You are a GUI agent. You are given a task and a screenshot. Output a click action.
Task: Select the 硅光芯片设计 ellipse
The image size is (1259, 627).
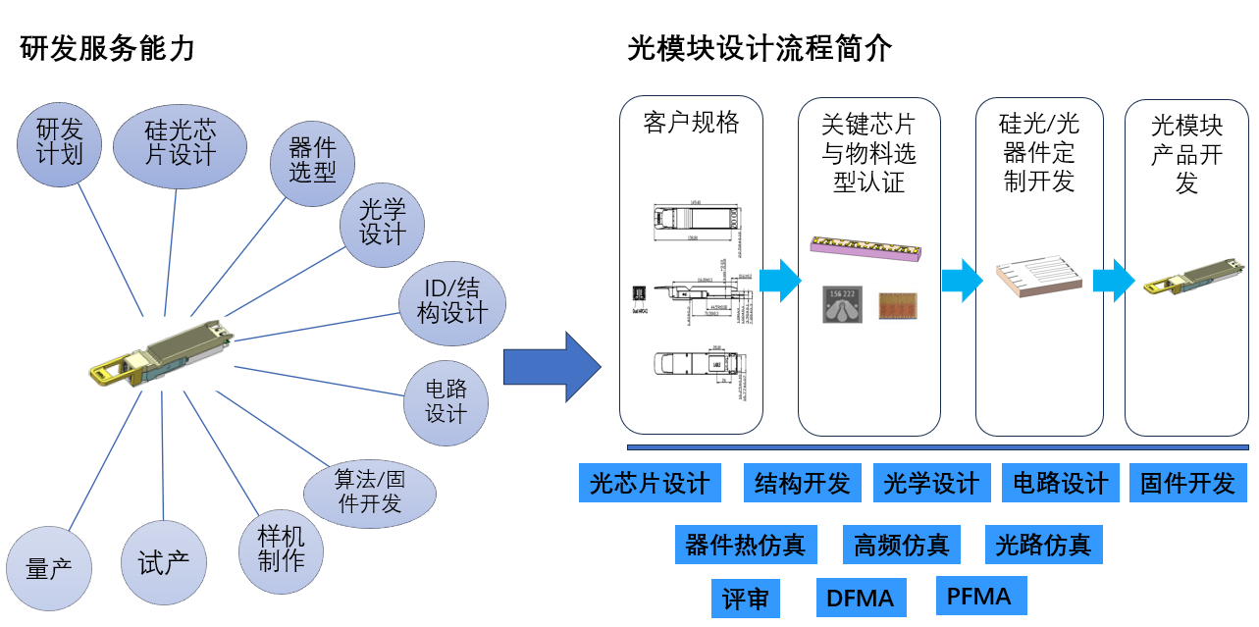[x=180, y=143]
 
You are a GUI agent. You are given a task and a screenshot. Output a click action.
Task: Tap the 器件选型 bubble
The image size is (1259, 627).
[x=312, y=163]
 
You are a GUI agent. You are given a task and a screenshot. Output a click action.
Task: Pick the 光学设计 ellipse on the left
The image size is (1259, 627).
[x=383, y=223]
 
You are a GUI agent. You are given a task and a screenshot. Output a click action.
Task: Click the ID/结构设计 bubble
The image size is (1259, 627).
[x=452, y=302]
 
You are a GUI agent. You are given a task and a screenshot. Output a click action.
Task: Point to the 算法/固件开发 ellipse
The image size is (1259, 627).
[x=370, y=493]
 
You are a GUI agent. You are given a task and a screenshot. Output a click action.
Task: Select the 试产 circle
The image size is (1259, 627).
[x=165, y=562]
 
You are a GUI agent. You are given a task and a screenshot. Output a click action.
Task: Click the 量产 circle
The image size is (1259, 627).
[x=49, y=569]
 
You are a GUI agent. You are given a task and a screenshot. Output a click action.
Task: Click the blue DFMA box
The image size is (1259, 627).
[x=861, y=598]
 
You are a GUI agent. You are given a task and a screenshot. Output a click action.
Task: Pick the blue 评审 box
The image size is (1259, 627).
[x=745, y=599]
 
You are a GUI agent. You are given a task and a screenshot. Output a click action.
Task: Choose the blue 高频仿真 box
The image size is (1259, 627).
[x=901, y=545]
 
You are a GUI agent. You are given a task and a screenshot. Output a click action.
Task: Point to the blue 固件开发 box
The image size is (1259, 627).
[x=1187, y=483]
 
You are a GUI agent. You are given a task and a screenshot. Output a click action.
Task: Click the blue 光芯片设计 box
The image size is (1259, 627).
[x=650, y=483]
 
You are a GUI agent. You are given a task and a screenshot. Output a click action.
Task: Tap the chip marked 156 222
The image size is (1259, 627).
[x=843, y=305]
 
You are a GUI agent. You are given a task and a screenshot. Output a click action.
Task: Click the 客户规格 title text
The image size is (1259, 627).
[x=691, y=123]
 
